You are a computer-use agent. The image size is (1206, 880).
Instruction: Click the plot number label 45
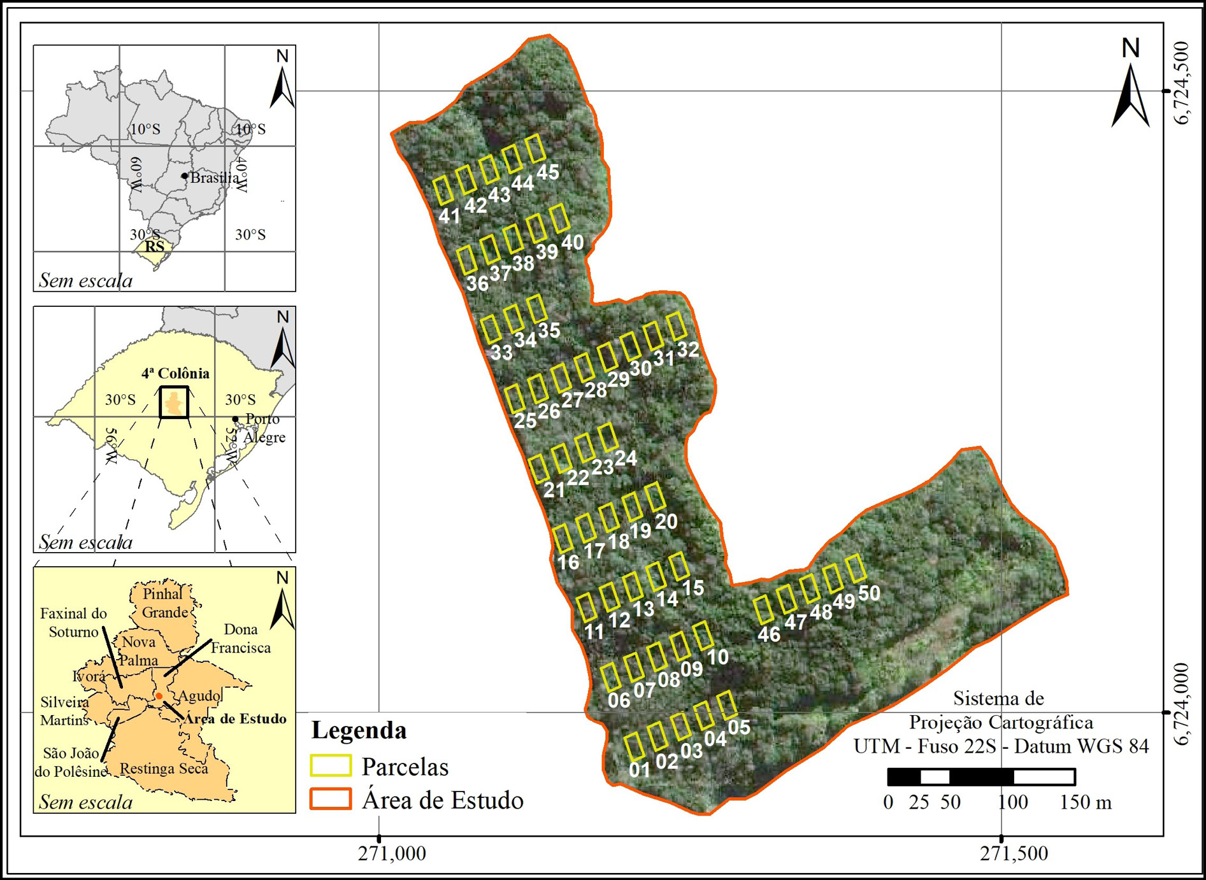[x=548, y=172]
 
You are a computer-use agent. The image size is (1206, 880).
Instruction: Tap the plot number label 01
[x=640, y=770]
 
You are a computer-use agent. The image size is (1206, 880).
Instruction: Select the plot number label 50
[x=869, y=593]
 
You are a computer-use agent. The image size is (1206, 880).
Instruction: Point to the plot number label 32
[x=688, y=349]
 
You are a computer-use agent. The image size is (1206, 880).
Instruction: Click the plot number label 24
[x=626, y=458]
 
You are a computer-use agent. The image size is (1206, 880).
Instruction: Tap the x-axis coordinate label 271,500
[x=1014, y=854]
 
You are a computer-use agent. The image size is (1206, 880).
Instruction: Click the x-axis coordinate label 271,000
[x=392, y=854]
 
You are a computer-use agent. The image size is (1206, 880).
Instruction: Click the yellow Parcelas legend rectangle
[x=331, y=766]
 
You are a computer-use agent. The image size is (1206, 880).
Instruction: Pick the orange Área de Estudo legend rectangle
[x=331, y=799]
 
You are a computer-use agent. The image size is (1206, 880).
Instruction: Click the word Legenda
[x=359, y=730]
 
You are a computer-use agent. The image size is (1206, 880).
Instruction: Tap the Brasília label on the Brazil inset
[x=215, y=178]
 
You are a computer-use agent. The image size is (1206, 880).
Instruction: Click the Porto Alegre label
[x=264, y=428]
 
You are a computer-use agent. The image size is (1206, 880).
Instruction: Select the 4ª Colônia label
[x=175, y=373]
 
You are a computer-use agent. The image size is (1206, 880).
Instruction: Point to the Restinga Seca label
[x=164, y=769]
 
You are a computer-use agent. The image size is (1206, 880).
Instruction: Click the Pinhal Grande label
[x=164, y=603]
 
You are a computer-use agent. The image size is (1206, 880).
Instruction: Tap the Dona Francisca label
[x=240, y=638]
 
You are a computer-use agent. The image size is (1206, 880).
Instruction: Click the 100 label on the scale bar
[x=1012, y=802]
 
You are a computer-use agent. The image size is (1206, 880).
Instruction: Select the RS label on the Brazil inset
[x=154, y=246]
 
